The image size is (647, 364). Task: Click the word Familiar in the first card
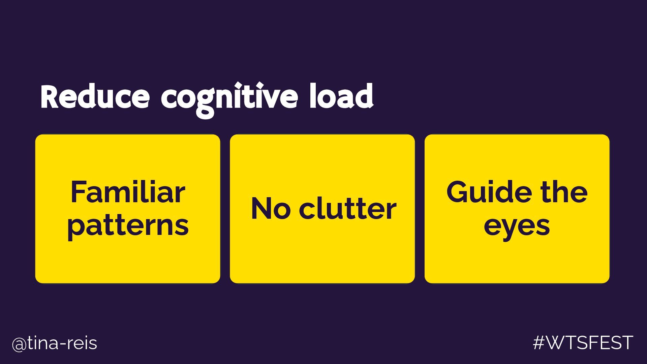click(x=128, y=192)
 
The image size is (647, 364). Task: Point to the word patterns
click(x=128, y=226)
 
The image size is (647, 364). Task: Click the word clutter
click(x=347, y=209)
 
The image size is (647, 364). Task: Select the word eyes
click(x=517, y=226)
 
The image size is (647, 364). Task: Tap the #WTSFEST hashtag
click(x=583, y=343)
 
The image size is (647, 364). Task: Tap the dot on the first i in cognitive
click(x=239, y=84)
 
